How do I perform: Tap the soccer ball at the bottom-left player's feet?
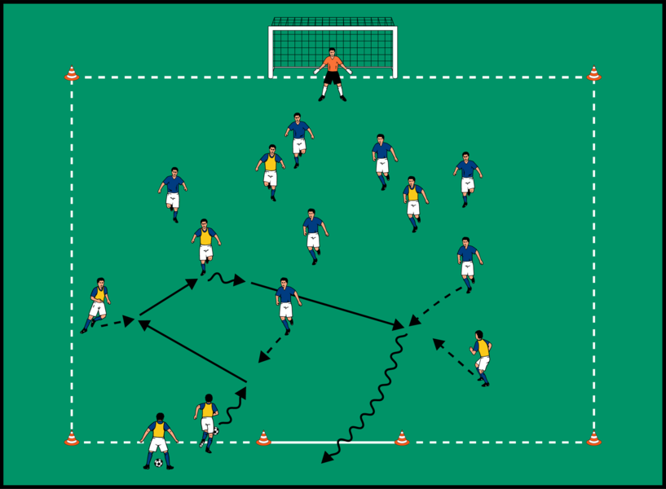pyautogui.click(x=158, y=463)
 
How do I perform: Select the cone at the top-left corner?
pyautogui.click(x=72, y=74)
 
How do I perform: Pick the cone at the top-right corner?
pyautogui.click(x=593, y=74)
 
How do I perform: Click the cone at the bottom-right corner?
pyautogui.click(x=593, y=438)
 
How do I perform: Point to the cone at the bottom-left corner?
pyautogui.click(x=72, y=438)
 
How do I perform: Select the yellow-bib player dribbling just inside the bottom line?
pyautogui.click(x=208, y=420)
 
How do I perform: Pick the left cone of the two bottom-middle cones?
pyautogui.click(x=263, y=438)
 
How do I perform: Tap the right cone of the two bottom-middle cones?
pyautogui.click(x=402, y=438)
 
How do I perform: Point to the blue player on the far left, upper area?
pyautogui.click(x=173, y=193)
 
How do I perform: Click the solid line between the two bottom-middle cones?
pyautogui.click(x=333, y=443)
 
